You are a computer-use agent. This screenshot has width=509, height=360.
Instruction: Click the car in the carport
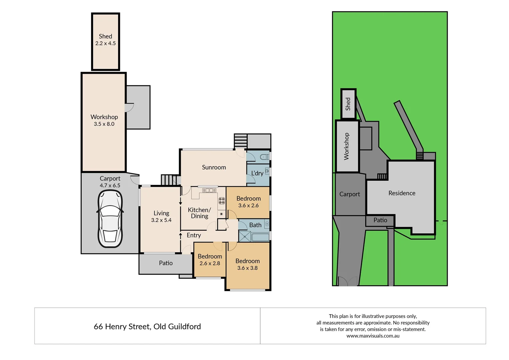[x=110, y=219]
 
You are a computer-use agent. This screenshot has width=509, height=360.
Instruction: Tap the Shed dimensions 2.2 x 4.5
[x=105, y=43]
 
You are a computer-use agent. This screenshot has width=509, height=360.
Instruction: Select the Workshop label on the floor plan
[x=104, y=117]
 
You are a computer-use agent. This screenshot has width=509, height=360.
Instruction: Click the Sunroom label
[x=214, y=167]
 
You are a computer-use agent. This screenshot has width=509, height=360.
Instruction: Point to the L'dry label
[x=257, y=173]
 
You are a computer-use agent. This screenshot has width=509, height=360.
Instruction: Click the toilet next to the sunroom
[x=265, y=157]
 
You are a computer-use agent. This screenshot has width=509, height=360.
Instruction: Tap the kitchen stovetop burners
[x=222, y=201]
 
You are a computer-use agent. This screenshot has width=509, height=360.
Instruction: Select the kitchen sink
[x=209, y=190]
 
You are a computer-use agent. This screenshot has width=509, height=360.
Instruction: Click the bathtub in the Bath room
[x=260, y=237]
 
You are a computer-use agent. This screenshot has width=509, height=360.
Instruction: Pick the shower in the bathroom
[x=245, y=236]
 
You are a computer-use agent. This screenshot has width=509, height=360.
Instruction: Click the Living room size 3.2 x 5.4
[x=161, y=220]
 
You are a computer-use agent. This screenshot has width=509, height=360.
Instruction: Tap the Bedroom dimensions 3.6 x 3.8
[x=247, y=268]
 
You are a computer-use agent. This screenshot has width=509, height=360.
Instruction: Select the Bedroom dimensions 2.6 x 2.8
[x=210, y=263]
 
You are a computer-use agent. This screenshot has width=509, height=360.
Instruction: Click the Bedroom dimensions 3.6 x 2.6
[x=248, y=206]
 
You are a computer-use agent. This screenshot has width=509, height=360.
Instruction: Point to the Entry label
[x=194, y=235]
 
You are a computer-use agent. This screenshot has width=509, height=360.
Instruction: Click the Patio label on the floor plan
[x=166, y=263]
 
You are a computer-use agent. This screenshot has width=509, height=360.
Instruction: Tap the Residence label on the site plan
[x=402, y=193]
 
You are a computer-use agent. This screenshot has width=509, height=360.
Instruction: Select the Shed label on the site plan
[x=348, y=104]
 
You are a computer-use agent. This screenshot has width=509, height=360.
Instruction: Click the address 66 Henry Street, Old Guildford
[x=147, y=327]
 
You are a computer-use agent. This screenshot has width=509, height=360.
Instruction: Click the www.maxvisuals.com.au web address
[x=373, y=336]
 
